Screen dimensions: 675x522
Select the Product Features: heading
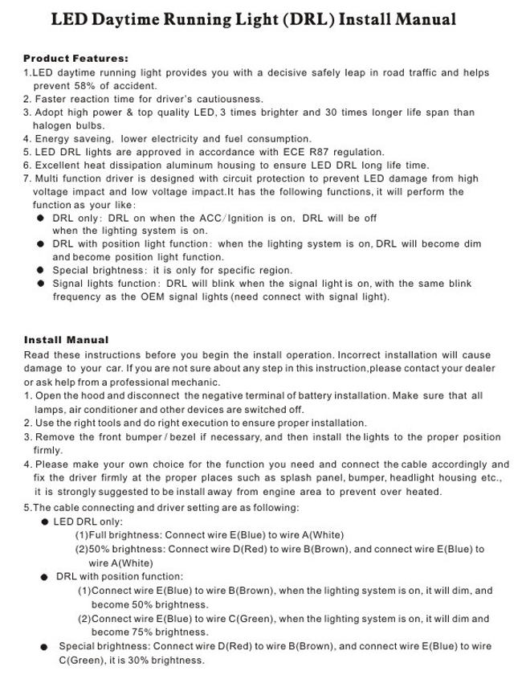tap(75, 59)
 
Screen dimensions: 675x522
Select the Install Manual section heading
tap(66, 340)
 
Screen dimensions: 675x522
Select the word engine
tap(275, 492)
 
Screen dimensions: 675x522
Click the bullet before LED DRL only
tap(45, 522)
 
